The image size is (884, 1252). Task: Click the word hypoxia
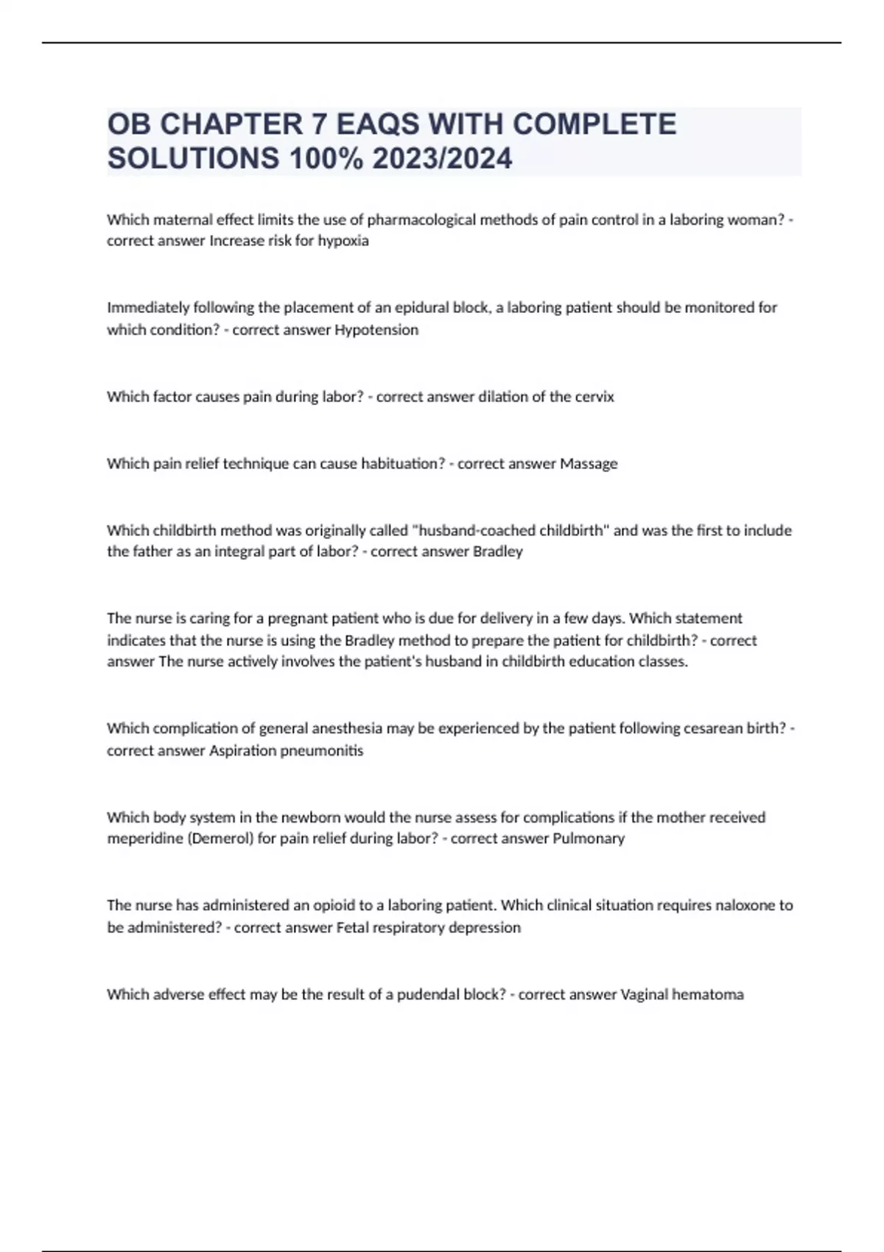[343, 241]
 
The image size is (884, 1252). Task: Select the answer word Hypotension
[376, 330]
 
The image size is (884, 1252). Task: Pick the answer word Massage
[589, 464]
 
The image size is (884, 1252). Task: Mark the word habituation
[401, 464]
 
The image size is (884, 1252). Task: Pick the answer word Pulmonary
[588, 839]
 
